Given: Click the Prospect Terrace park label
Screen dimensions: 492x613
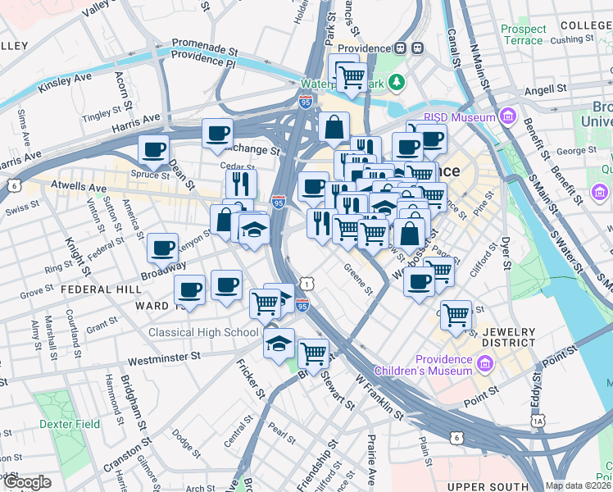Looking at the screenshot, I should [x=522, y=34].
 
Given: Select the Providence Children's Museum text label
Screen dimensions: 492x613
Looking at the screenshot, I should [x=421, y=365].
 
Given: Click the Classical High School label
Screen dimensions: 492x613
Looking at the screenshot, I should [x=205, y=332].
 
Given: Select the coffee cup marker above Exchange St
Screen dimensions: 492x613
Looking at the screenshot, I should [x=217, y=133].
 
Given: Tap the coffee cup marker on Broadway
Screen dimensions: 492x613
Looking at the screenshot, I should [x=162, y=248].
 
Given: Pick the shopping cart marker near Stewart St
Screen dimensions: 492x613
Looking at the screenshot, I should [x=313, y=353].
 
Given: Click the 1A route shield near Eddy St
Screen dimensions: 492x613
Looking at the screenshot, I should [x=538, y=421].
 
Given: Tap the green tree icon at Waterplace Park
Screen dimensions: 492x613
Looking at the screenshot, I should [x=397, y=81].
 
